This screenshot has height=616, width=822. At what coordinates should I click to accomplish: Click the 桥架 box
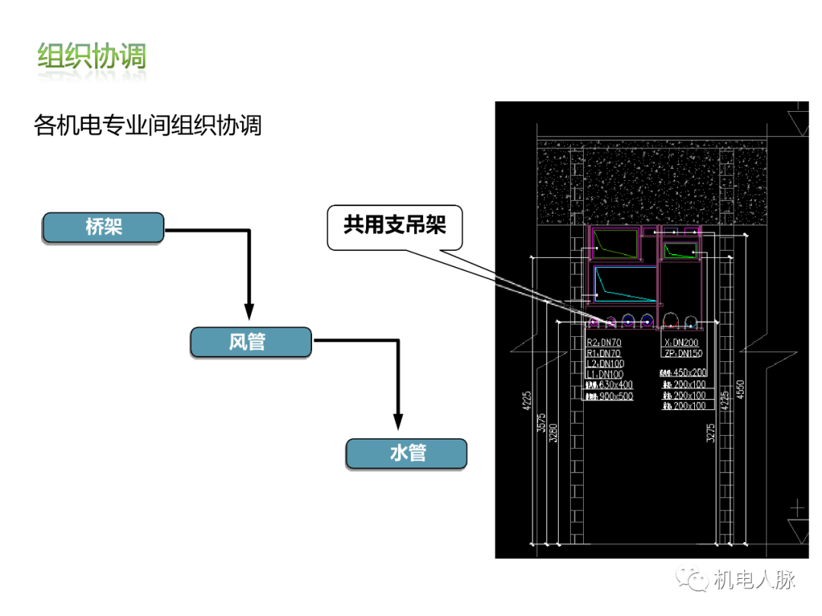103,227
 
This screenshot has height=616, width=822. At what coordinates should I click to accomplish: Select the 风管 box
250,342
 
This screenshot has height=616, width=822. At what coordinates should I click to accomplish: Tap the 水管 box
406,453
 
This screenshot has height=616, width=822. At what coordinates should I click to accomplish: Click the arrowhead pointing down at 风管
248,310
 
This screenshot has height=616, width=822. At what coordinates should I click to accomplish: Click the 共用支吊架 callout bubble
394,227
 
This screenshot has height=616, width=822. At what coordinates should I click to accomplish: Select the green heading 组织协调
92,57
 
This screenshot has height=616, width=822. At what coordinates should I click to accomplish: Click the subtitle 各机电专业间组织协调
148,125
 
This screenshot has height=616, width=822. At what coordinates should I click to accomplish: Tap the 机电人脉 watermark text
754,580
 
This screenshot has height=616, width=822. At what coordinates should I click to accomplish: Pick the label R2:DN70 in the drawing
604,343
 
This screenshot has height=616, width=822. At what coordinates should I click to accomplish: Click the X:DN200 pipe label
681,343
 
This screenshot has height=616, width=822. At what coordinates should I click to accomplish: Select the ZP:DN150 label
683,354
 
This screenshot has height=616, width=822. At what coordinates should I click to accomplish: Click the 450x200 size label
690,373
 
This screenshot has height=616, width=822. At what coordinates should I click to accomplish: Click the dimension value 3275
710,433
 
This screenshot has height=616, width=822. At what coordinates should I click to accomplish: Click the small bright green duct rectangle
680,250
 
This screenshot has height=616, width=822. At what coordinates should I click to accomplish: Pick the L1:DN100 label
605,374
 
